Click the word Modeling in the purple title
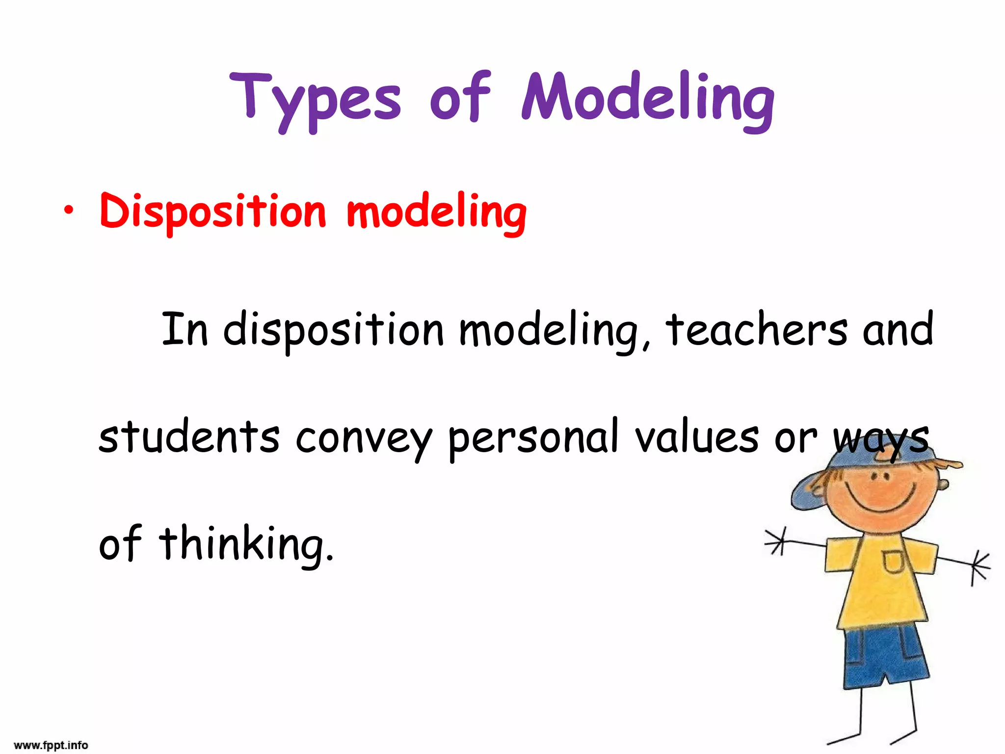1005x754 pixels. coord(648,98)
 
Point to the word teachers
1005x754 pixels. coord(756,329)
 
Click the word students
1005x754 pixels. coord(189,436)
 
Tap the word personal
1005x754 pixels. coord(533,436)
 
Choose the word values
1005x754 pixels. coord(697,436)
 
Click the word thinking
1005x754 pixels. coord(245,543)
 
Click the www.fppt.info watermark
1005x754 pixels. coord(51,745)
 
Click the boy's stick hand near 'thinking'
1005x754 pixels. coord(776,540)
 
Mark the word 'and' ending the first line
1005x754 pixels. coord(898,329)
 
